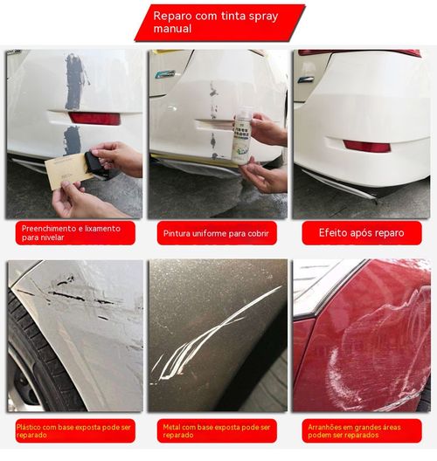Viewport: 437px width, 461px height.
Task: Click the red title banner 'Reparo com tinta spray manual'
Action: (x=218, y=23)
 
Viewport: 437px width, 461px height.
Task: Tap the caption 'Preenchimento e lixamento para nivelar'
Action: (x=75, y=232)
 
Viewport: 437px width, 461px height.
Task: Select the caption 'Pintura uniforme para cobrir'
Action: (x=218, y=233)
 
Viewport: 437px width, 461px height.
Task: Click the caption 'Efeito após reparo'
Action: (x=359, y=233)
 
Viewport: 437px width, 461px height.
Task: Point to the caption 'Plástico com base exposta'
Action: (x=75, y=430)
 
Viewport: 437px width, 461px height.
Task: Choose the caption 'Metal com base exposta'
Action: (x=218, y=430)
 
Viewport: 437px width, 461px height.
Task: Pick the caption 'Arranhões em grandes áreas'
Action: (x=359, y=430)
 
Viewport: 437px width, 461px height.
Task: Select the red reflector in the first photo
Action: (x=94, y=118)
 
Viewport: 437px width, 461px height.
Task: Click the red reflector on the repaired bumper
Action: (x=366, y=146)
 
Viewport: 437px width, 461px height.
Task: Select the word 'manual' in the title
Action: (x=172, y=29)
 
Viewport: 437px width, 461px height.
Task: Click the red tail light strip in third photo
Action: (x=358, y=52)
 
